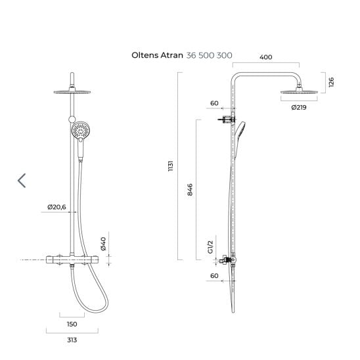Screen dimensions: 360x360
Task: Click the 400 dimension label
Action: (x=265, y=57)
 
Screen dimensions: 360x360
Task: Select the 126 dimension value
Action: (x=331, y=82)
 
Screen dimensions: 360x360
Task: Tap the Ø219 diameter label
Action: (x=299, y=107)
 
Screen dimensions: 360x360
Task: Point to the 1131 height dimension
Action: (x=170, y=166)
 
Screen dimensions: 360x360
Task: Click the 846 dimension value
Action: (x=190, y=190)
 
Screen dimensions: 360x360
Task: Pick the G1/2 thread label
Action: (x=210, y=247)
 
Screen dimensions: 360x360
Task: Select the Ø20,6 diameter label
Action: (x=56, y=207)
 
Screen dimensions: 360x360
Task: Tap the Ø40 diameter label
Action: (x=103, y=244)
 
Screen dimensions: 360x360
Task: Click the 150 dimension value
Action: (x=72, y=324)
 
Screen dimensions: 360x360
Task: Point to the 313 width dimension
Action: (x=72, y=340)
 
